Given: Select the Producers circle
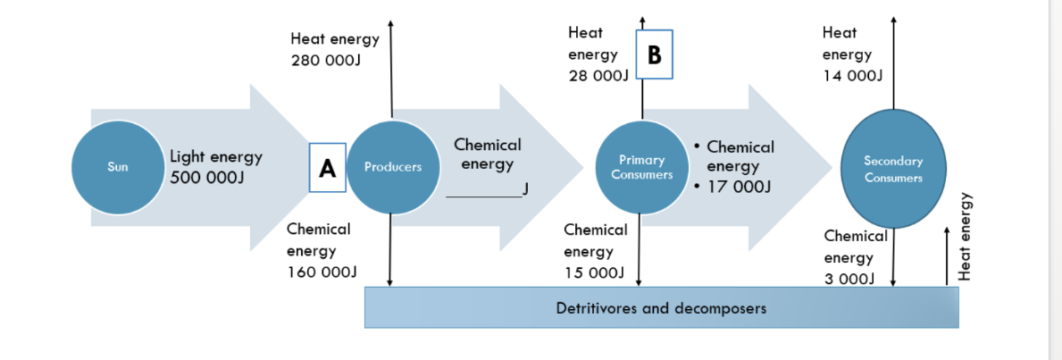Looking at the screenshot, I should click(x=392, y=167).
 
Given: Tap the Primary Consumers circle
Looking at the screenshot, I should click(x=641, y=167).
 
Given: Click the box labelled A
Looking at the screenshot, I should click(x=327, y=167).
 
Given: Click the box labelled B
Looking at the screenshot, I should click(x=654, y=55).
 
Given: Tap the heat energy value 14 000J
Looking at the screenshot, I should click(x=852, y=75).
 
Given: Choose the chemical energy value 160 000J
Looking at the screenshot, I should click(x=322, y=272).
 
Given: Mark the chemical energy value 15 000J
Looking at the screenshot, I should click(x=593, y=272).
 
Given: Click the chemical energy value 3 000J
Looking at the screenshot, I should click(x=849, y=280).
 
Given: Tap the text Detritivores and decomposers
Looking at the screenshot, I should click(x=661, y=309).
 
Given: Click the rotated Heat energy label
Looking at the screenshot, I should click(x=964, y=237).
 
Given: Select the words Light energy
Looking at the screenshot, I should click(x=216, y=157).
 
